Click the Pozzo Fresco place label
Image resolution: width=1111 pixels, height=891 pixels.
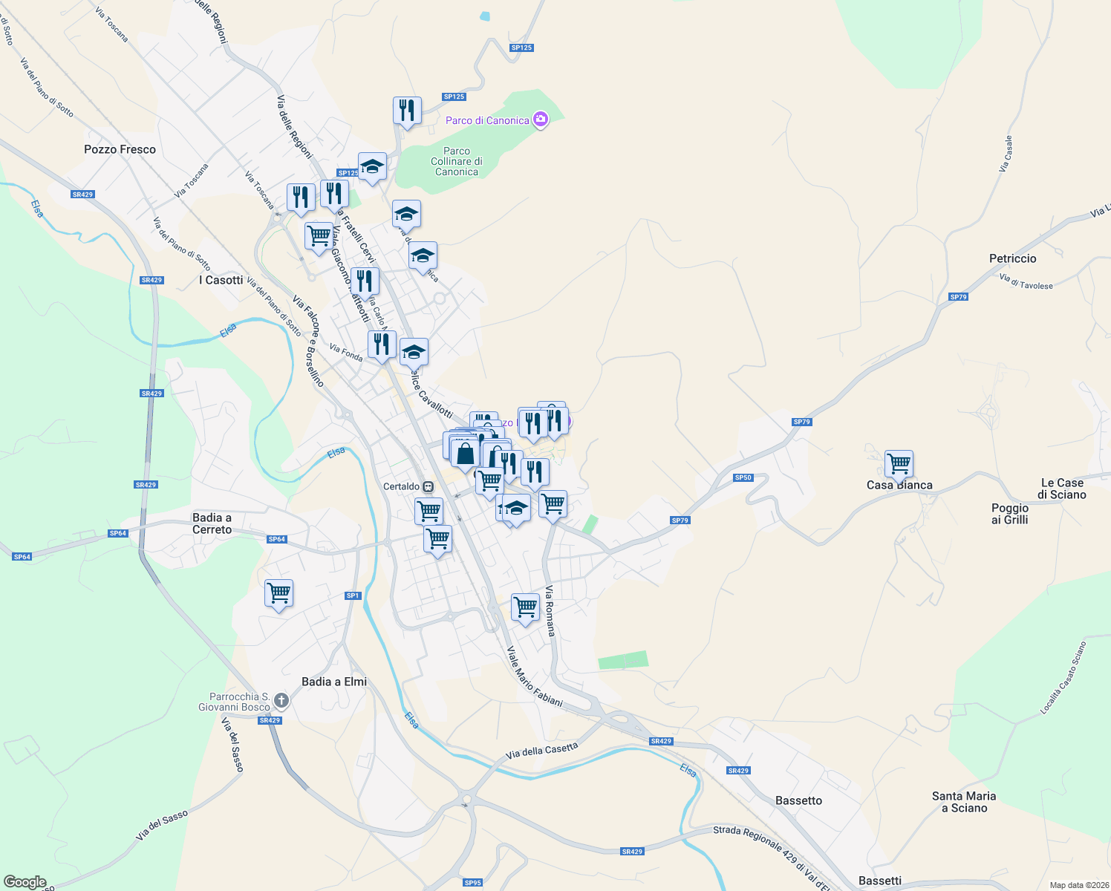120,149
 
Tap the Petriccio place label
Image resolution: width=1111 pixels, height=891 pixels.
1012,258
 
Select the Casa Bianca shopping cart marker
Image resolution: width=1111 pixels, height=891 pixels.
899,464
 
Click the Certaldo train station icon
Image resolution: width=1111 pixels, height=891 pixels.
429,487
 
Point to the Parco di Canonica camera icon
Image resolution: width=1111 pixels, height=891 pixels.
541,120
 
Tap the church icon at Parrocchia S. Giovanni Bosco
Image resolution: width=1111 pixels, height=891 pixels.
281,700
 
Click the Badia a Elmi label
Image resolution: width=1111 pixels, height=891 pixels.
334,682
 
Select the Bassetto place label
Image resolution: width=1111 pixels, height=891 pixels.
798,800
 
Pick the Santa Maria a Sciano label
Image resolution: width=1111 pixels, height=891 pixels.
964,802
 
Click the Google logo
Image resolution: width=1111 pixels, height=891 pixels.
25,882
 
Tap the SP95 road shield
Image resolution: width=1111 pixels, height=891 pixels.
472,883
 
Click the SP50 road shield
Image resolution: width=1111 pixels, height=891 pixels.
743,477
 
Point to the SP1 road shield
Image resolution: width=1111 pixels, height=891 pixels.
353,595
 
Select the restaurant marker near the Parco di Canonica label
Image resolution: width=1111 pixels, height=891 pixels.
407,111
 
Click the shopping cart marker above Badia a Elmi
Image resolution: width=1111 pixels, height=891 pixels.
278,593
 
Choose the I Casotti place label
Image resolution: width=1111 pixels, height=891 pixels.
221,280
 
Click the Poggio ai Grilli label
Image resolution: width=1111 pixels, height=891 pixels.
1009,514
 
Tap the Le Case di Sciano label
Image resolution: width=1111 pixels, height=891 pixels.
1062,489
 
